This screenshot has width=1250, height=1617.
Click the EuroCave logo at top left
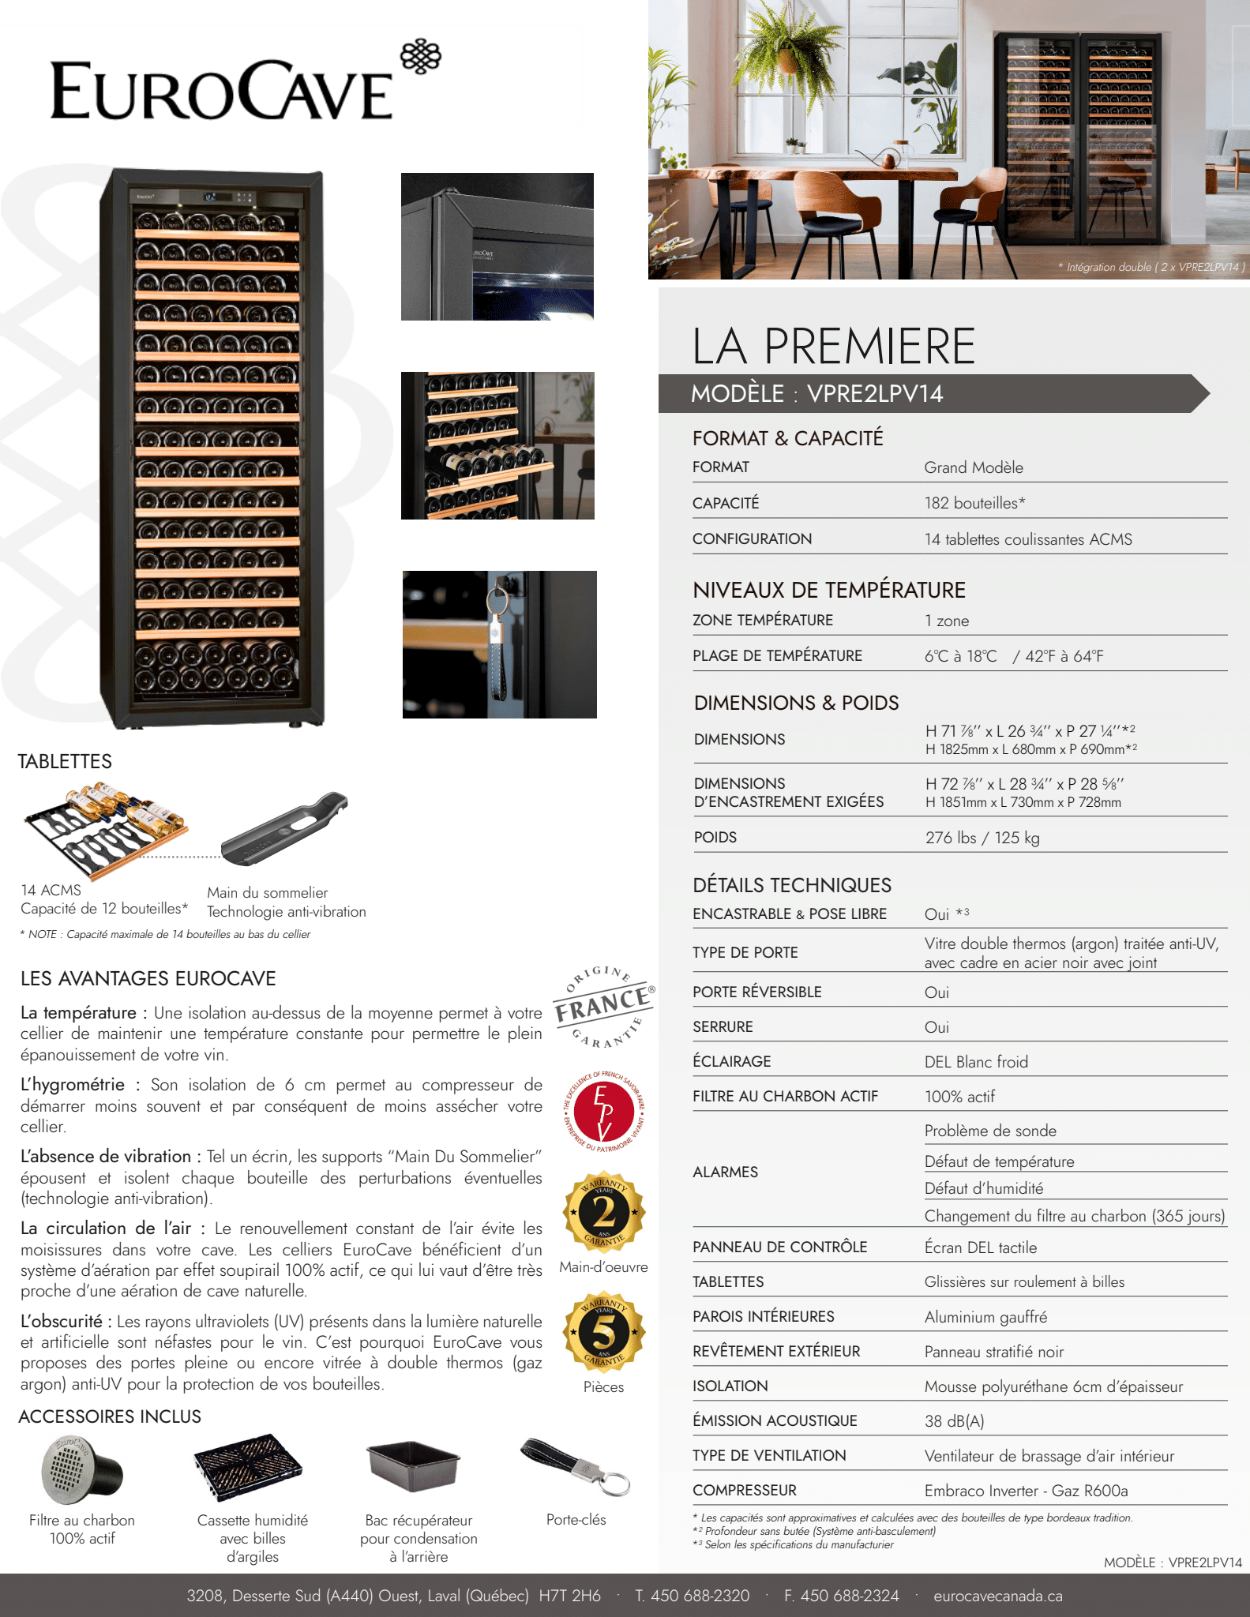pyautogui.click(x=245, y=83)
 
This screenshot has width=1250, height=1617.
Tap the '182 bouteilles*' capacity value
pyautogui.click(x=974, y=503)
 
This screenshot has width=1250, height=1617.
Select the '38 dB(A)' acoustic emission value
pyautogui.click(x=954, y=1421)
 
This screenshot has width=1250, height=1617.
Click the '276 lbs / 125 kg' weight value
pyautogui.click(x=982, y=838)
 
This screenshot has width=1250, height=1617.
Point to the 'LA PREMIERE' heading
pyautogui.click(x=833, y=346)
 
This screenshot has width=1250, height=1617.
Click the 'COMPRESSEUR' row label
pyautogui.click(x=744, y=1491)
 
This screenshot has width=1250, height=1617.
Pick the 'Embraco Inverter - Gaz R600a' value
pyautogui.click(x=1026, y=1491)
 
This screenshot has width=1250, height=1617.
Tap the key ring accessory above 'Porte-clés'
pyautogui.click(x=576, y=1466)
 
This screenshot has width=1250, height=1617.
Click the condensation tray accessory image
pyautogui.click(x=414, y=1465)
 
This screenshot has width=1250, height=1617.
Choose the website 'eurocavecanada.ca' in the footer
pyautogui.click(x=997, y=1596)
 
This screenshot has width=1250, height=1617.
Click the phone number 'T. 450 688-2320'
pyautogui.click(x=692, y=1596)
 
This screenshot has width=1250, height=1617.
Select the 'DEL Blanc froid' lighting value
pyautogui.click(x=976, y=1062)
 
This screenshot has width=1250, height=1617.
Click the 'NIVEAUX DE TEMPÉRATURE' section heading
pyautogui.click(x=828, y=591)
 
